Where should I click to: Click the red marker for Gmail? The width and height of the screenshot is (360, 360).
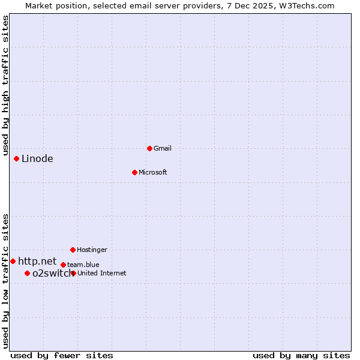[149, 148]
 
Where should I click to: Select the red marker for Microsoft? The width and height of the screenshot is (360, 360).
[135, 172]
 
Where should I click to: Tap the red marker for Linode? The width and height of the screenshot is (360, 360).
[17, 158]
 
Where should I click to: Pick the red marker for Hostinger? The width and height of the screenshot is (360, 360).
[73, 250]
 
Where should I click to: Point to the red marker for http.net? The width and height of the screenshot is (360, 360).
[13, 261]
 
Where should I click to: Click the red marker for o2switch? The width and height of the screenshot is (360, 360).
[27, 273]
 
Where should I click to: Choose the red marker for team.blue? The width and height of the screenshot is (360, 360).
[63, 265]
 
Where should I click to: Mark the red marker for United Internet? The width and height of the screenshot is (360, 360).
[73, 273]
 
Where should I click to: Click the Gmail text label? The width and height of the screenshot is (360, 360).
[163, 148]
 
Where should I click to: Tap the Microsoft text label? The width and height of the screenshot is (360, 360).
[153, 172]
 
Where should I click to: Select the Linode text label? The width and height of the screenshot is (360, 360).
[37, 159]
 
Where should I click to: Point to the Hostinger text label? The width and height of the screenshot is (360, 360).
[92, 250]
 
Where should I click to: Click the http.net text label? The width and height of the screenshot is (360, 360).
[37, 261]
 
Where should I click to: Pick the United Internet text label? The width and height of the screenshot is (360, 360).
[102, 273]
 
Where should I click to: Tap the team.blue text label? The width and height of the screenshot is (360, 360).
[83, 265]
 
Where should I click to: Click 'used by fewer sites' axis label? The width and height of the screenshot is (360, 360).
[62, 355]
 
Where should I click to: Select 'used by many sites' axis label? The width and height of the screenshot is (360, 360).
[301, 355]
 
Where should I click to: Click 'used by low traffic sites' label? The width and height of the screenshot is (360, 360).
[5, 280]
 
